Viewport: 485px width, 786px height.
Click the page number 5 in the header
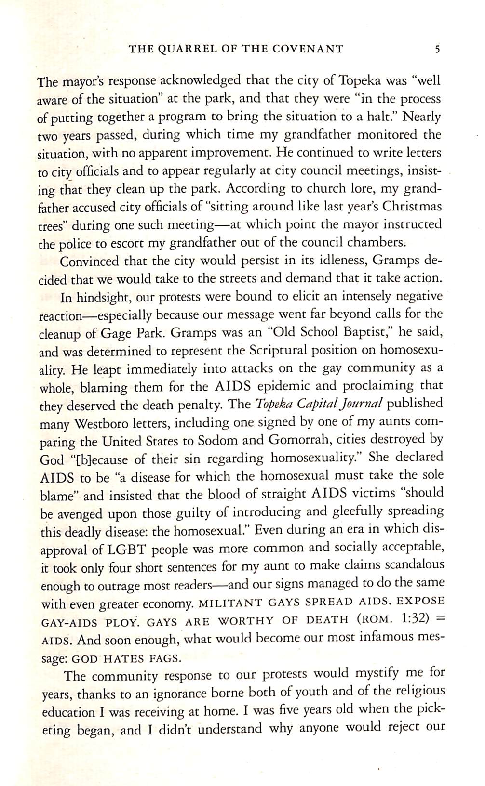click(x=436, y=49)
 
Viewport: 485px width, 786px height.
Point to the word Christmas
click(x=412, y=206)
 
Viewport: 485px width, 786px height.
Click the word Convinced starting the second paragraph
click(x=89, y=261)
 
